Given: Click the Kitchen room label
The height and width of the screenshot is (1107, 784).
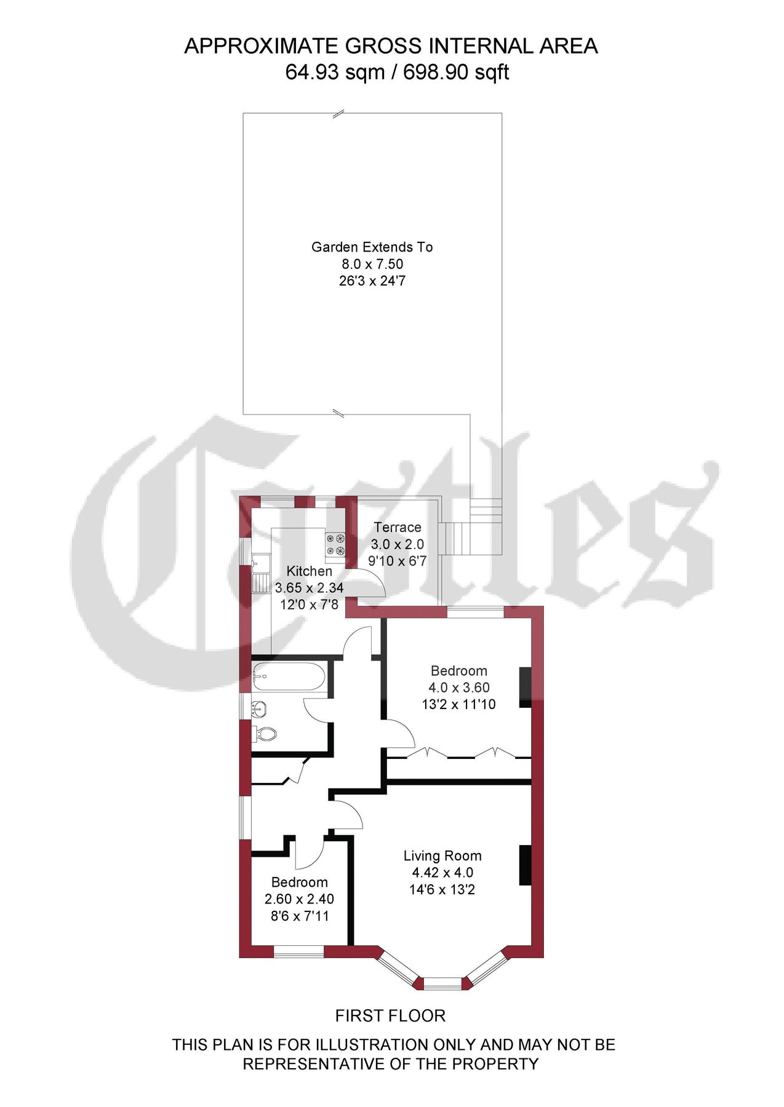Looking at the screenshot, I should tap(309, 571).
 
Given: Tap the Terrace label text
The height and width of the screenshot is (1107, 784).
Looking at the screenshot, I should tap(398, 527).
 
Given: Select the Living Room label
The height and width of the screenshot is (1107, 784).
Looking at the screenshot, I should tap(442, 855).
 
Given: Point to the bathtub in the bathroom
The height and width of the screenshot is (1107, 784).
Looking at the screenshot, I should tap(289, 678).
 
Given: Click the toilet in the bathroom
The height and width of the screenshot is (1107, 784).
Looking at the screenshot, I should tap(265, 733).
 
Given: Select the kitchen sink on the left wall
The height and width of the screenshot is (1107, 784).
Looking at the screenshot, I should tap(262, 561).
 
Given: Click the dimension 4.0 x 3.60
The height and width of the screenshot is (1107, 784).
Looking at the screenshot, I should tap(458, 688).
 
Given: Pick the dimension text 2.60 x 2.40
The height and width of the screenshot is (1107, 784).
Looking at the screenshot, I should tap(299, 899).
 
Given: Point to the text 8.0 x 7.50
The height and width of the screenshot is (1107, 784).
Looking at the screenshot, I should tap(372, 264).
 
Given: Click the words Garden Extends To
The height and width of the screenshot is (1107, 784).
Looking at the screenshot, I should tap(372, 247).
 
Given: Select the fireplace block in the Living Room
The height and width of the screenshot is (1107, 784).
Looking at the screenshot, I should tap(526, 865).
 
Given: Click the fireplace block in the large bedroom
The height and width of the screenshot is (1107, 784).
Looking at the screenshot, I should tap(526, 687).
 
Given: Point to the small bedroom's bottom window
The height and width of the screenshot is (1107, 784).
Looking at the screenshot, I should tap(298, 951).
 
